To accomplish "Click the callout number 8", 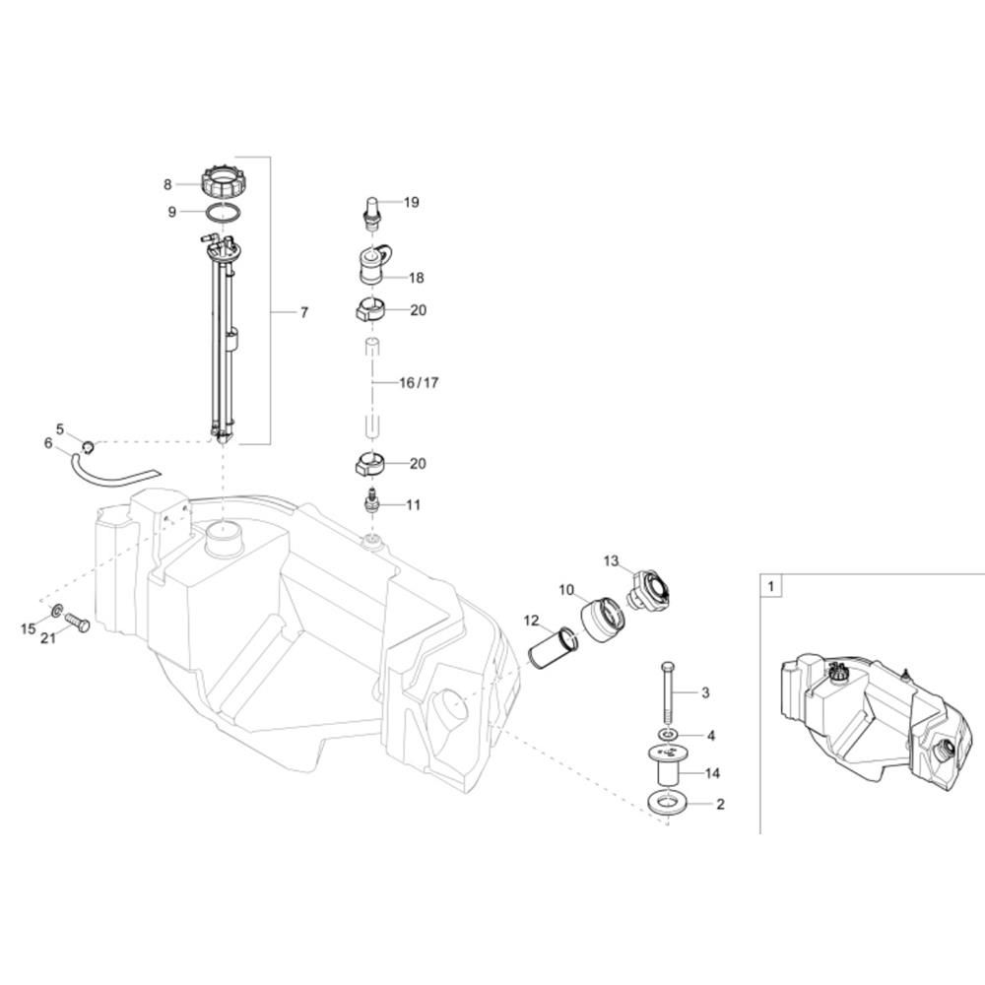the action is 167,184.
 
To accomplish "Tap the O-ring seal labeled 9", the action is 223,212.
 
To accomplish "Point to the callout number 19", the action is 411,202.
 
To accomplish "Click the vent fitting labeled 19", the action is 372,210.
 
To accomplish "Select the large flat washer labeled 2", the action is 667,803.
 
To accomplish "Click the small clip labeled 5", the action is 89,446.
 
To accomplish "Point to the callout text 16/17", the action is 419,382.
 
